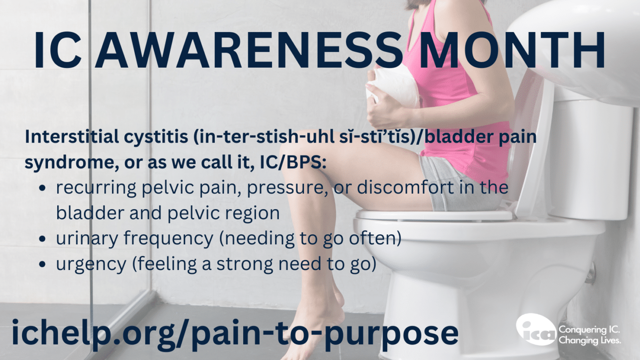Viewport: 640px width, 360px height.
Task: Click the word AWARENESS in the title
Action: click(x=248, y=50)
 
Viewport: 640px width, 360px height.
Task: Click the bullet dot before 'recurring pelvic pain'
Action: click(x=42, y=188)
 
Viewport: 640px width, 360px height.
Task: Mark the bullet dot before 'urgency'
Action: click(x=42, y=264)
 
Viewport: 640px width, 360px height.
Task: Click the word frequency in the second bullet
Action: click(x=169, y=240)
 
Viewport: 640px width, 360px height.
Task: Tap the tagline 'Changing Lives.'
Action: click(x=590, y=341)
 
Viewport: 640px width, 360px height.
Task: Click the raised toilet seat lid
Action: click(x=531, y=143)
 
